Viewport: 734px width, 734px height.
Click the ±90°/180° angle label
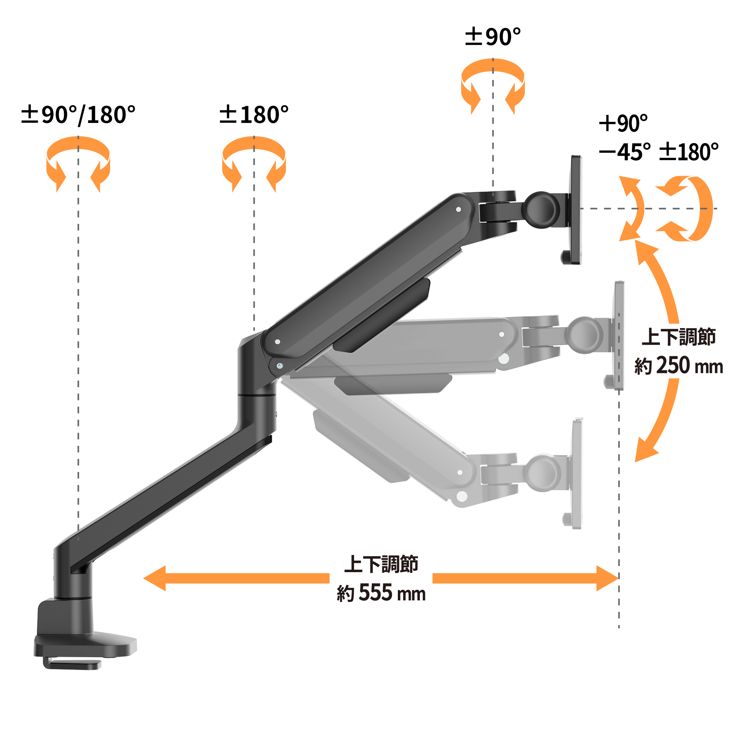point(78,115)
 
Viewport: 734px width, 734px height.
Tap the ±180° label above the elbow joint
point(254,115)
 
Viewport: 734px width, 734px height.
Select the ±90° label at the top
point(493,37)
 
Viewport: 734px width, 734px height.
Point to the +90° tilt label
point(623,123)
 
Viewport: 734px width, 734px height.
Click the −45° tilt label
point(625,152)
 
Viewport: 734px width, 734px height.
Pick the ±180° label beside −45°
point(688,152)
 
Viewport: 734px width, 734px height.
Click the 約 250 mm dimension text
point(679,366)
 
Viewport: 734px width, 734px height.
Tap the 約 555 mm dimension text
point(381,593)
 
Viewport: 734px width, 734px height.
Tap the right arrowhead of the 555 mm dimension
point(607,578)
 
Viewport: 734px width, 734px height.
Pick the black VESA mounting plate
point(575,210)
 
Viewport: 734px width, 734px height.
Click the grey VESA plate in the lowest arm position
point(577,473)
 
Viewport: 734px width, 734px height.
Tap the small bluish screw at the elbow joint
point(280,366)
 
